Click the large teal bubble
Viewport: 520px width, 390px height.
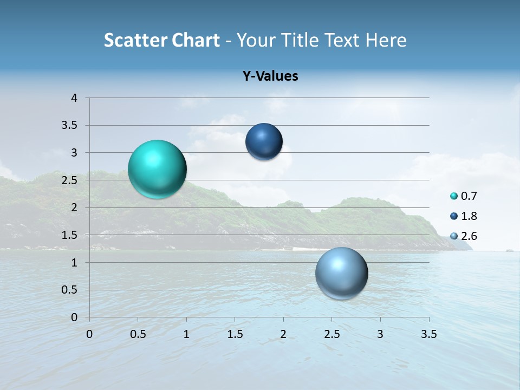tap(157, 169)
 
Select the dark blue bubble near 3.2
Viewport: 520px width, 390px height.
tap(264, 142)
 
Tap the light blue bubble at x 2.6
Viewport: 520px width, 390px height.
tap(341, 273)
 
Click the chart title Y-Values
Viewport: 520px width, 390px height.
tap(270, 76)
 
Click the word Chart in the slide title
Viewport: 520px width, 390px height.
tap(196, 40)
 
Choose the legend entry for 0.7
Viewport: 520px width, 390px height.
tap(463, 196)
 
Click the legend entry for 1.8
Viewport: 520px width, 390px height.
tap(463, 216)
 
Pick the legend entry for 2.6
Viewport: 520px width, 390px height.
tap(463, 236)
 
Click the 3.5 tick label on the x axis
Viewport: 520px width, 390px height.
tap(428, 334)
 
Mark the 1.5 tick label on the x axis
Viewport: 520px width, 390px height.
tap(235, 334)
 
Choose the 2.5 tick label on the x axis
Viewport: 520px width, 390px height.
tap(331, 334)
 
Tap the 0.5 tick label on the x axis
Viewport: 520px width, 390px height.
tap(138, 334)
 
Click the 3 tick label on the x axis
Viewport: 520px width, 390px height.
tap(380, 334)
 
